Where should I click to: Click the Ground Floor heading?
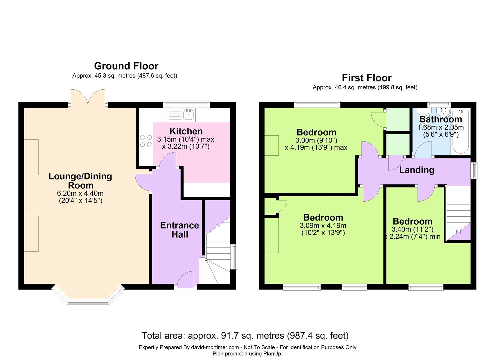126,66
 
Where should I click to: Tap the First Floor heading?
367,78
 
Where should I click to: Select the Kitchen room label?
186,131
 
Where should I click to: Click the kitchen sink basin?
188,114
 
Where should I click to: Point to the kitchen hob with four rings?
146,141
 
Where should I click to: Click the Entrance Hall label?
179,230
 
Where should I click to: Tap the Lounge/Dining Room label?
80,181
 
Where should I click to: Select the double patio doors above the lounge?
88,97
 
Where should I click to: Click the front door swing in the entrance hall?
186,280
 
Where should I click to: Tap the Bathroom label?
441,119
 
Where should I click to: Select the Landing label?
417,170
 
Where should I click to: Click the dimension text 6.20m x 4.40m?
80,193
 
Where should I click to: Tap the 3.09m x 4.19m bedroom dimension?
323,226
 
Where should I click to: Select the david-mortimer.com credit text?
215,347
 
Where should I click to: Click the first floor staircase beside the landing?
458,213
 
